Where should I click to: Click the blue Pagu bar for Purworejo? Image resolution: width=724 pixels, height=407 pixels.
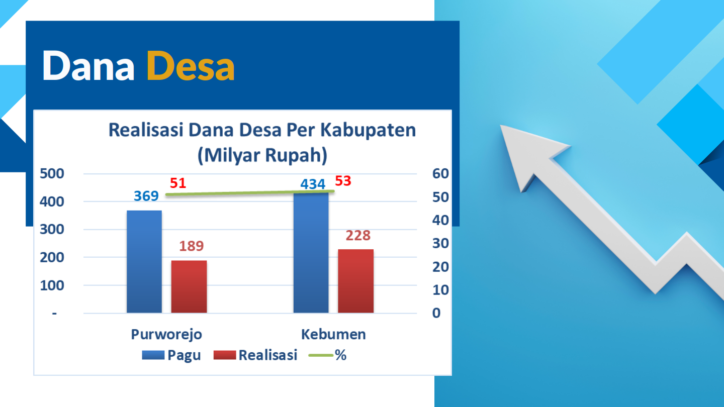pyautogui.click(x=144, y=262)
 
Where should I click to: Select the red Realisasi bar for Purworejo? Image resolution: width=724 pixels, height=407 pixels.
pyautogui.click(x=189, y=286)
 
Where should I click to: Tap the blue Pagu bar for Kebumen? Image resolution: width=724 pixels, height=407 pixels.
pyautogui.click(x=311, y=253)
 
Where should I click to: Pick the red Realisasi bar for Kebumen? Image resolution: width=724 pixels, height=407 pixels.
pyautogui.click(x=356, y=281)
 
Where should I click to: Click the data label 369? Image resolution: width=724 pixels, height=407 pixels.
pyautogui.click(x=146, y=196)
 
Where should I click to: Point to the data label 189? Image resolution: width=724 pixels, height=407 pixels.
pyautogui.click(x=192, y=246)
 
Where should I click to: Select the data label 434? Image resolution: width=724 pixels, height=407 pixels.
pyautogui.click(x=313, y=184)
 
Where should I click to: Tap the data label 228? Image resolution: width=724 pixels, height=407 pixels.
pyautogui.click(x=358, y=236)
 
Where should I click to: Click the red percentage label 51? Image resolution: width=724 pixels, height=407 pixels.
pyautogui.click(x=178, y=183)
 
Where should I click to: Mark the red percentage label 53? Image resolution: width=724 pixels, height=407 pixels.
pyautogui.click(x=343, y=181)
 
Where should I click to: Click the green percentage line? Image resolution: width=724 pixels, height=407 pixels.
pyautogui.click(x=250, y=193)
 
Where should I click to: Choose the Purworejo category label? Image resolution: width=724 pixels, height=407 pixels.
pyautogui.click(x=166, y=335)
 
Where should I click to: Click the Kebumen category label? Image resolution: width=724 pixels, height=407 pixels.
pyautogui.click(x=333, y=334)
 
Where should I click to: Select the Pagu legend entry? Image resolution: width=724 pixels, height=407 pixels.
pyautogui.click(x=171, y=355)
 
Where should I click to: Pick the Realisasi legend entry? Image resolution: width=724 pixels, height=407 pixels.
pyautogui.click(x=255, y=355)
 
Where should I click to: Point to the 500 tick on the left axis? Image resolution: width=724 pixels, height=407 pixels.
pyautogui.click(x=52, y=174)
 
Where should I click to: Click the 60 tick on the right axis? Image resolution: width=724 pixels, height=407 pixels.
pyautogui.click(x=440, y=174)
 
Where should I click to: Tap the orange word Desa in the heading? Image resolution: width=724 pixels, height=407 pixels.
pyautogui.click(x=191, y=66)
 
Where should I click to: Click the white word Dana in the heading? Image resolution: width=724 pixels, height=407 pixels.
pyautogui.click(x=88, y=66)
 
